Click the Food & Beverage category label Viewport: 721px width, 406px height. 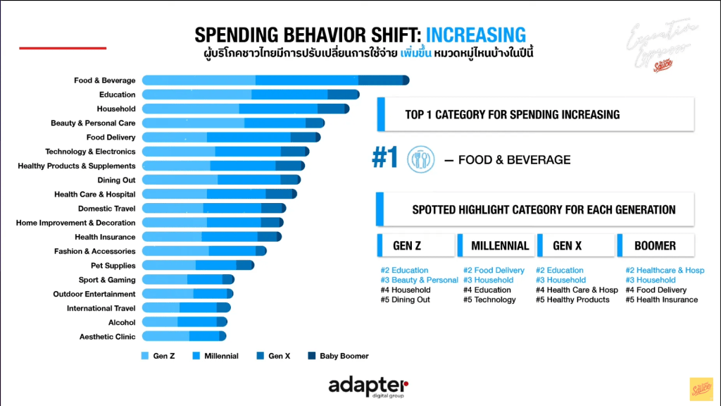[x=104, y=80]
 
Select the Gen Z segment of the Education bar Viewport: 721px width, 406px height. [x=196, y=94]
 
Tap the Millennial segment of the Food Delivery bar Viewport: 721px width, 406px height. [x=249, y=137]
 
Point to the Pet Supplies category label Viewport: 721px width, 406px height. [x=113, y=266]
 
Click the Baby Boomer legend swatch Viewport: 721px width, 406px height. [x=311, y=356]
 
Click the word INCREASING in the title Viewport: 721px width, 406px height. [x=476, y=35]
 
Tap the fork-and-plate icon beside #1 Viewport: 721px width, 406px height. [x=420, y=159]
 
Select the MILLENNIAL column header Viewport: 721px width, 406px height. [x=500, y=246]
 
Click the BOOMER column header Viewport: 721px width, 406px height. [x=655, y=246]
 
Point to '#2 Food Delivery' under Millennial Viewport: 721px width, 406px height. [x=494, y=270]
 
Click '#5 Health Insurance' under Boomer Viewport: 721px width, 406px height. [x=661, y=300]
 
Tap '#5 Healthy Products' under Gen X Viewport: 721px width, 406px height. [x=572, y=300]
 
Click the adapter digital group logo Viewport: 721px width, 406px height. [x=368, y=386]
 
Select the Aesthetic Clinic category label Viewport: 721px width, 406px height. [x=107, y=337]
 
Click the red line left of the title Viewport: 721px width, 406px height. [x=63, y=48]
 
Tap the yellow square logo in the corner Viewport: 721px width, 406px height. [x=701, y=388]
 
